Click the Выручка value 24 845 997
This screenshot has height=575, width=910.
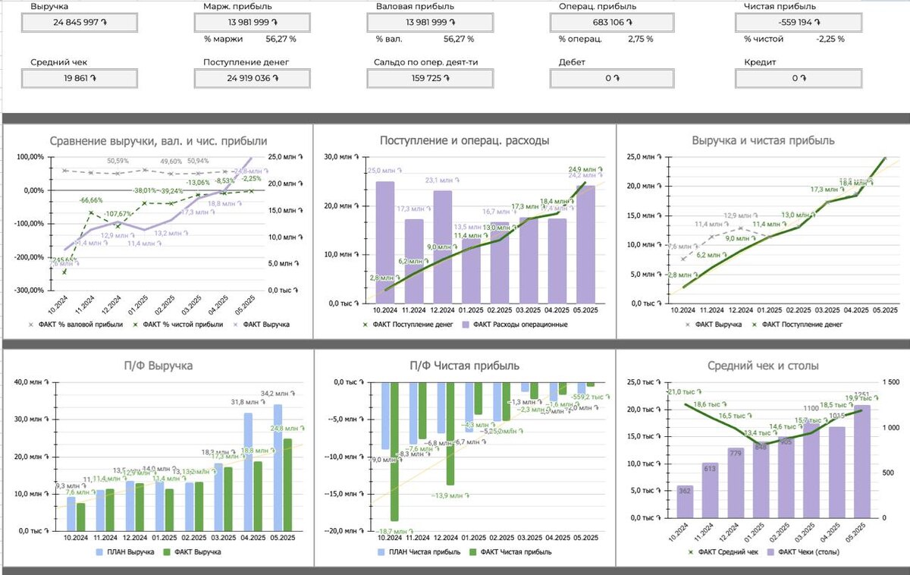(79, 23)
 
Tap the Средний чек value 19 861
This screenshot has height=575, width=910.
(79, 78)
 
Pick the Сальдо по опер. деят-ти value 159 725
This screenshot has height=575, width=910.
(429, 78)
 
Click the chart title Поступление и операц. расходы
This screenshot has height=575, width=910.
(465, 140)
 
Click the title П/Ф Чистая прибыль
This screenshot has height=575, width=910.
(465, 366)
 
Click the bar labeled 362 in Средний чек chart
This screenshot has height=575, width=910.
(686, 501)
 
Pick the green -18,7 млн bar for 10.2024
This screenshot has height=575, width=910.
(394, 451)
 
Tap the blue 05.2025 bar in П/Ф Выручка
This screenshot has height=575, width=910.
(278, 467)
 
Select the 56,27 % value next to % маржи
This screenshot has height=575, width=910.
(281, 39)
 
